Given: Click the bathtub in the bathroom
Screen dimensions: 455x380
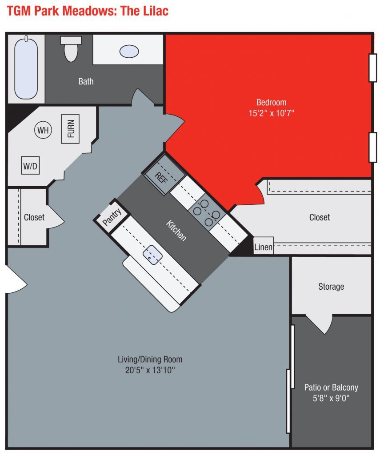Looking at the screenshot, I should pos(26,68).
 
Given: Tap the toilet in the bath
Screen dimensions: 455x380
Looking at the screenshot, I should pos(71,49).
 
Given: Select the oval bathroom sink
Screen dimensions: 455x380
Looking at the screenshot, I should pos(129,51).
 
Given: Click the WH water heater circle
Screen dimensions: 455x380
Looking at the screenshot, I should pos(43,130).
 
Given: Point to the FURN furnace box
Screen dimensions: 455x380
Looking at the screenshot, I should pos(70,129).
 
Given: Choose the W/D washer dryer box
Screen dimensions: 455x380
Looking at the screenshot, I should pos(30,166).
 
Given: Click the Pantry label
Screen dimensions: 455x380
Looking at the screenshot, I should pos(112,217).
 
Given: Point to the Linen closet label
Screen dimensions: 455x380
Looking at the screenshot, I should pos(263,247).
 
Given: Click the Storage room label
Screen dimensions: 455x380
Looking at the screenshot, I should pos(331,287).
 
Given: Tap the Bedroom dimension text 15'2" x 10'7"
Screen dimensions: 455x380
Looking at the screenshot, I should pos(271,113).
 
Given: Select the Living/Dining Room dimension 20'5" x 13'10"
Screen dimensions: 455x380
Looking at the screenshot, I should pos(150,370).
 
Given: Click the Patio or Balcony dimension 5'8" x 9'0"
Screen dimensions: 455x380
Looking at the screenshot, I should pos(331,399).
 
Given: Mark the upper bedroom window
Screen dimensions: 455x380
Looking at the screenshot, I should pos(372,68).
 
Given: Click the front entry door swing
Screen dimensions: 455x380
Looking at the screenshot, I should pos(15,279).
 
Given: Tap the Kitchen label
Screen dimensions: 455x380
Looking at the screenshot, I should pos(176,231).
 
